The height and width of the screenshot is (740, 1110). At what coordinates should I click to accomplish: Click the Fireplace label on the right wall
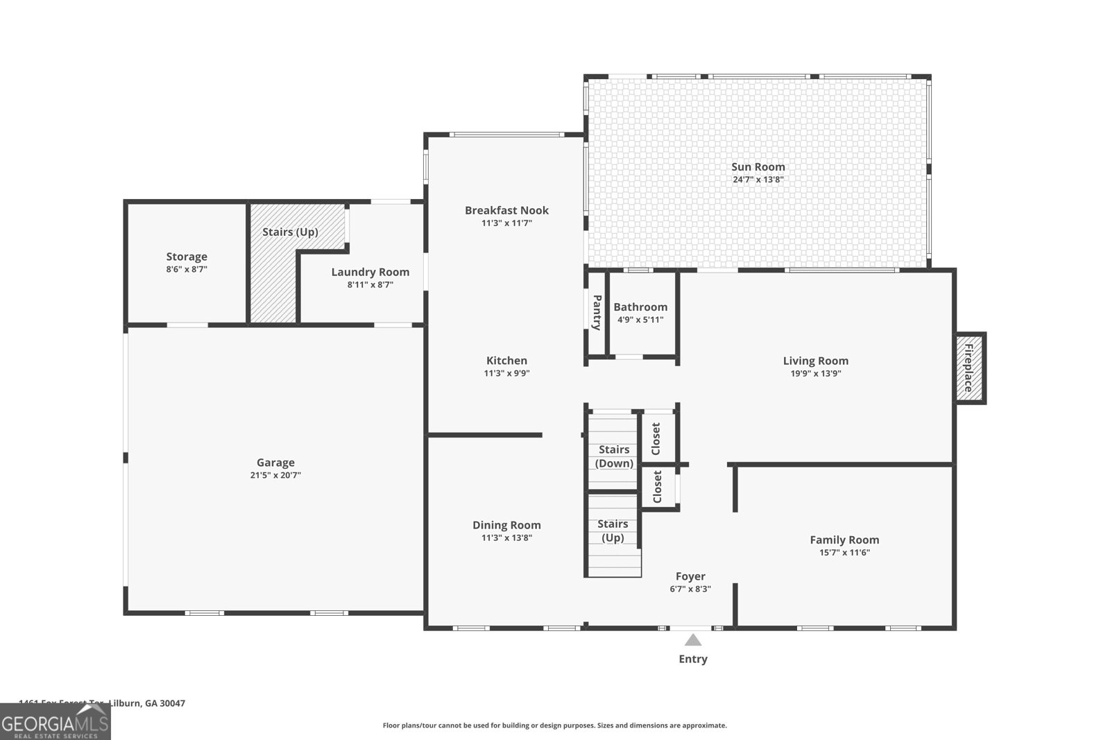[x=969, y=368]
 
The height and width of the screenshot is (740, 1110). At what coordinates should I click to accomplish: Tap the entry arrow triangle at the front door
[x=692, y=640]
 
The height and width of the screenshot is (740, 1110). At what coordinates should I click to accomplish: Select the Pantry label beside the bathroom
[x=596, y=312]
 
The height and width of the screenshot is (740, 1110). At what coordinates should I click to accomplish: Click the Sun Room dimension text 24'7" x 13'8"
[x=758, y=180]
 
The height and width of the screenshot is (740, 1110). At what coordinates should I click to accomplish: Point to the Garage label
[x=275, y=463]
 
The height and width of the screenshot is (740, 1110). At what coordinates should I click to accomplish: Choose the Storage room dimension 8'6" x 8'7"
[x=186, y=269]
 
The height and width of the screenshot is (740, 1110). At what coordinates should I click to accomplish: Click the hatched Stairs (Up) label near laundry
[x=290, y=232]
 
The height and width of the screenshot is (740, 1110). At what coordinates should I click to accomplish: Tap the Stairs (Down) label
[x=614, y=456]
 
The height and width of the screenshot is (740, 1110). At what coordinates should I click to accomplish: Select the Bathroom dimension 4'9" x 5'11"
[x=640, y=320]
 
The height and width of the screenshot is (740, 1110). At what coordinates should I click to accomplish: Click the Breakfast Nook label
[x=506, y=210]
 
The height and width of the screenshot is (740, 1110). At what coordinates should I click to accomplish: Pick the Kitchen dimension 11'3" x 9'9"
[x=506, y=373]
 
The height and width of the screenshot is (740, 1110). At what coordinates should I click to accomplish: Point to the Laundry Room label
[x=370, y=272]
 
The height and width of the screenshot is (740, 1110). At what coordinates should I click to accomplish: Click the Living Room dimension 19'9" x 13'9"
[x=815, y=373]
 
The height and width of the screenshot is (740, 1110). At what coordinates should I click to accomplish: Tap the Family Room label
[x=844, y=540]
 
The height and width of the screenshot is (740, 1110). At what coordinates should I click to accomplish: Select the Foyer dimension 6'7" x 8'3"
[x=690, y=589]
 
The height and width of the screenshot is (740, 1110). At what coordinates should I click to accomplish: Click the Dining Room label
[x=506, y=525]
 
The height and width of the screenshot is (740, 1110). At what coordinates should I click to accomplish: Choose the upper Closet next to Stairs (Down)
[x=656, y=438]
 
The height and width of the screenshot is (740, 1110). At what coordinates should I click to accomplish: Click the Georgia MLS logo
[x=55, y=722]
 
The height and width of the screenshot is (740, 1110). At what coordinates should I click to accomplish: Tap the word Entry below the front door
[x=692, y=659]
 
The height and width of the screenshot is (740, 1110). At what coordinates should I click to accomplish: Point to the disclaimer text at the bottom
[x=554, y=725]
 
